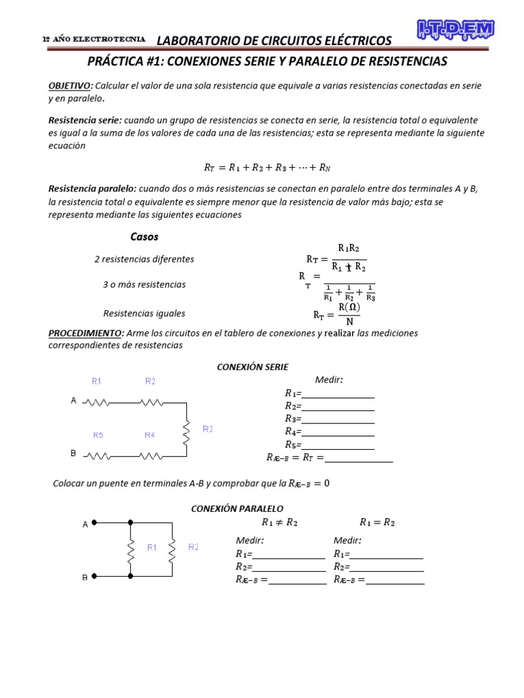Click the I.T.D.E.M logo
tap(455, 29)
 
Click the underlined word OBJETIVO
tap(69, 85)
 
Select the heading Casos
tap(144, 237)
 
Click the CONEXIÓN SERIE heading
tap(252, 367)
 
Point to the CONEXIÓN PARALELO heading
tap(237, 509)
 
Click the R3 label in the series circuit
tap(207, 429)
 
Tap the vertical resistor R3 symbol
tap(186, 429)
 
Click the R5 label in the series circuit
tap(98, 434)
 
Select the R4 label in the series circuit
tap(149, 434)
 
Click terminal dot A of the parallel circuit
tap(95, 523)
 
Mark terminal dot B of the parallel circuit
tap(95, 576)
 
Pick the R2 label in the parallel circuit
tap(194, 547)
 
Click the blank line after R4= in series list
tap(338, 431)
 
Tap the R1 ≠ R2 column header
tap(280, 523)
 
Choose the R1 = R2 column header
tap(377, 523)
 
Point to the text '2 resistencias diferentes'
tap(144, 259)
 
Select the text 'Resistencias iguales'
tap(144, 314)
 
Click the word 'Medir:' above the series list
tap(329, 380)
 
